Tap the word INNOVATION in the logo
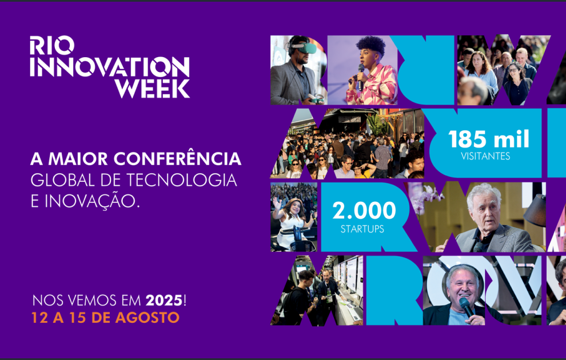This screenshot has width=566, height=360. click(x=109, y=67)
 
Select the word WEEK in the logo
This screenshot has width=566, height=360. click(x=152, y=88)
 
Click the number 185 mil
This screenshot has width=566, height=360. click(x=489, y=139)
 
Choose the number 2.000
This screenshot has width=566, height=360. click(x=364, y=211)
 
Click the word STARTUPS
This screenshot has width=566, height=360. click(x=362, y=229)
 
